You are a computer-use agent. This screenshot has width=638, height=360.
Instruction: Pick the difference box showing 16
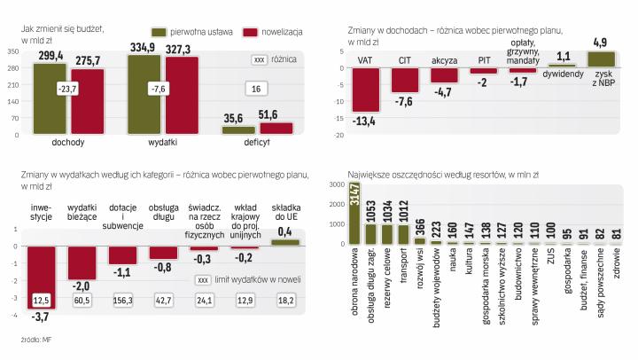tap(255, 89)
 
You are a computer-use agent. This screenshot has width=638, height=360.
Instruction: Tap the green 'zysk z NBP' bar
tap(600, 59)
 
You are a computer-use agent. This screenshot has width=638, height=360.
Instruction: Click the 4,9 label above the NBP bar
tap(600, 43)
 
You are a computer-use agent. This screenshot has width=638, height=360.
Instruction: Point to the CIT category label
tap(405, 60)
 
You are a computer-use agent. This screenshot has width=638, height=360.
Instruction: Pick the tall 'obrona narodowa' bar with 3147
tap(354, 213)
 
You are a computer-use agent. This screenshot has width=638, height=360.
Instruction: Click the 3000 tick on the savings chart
tap(336, 184)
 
